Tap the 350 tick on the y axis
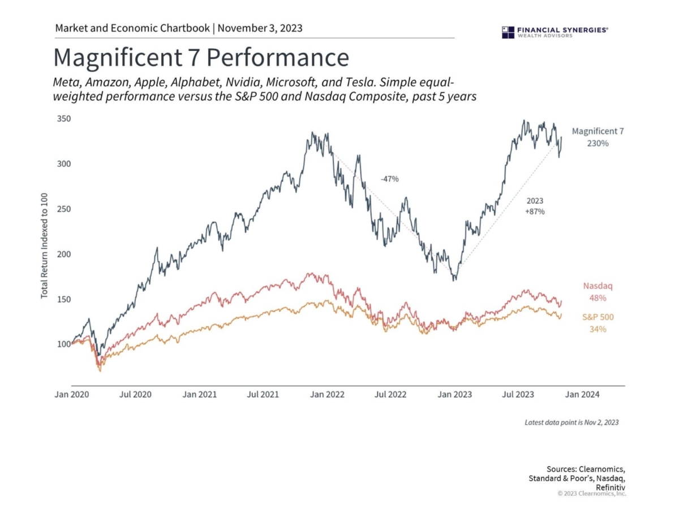63,119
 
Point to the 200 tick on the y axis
63,254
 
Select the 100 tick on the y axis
63,344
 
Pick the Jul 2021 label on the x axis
263,394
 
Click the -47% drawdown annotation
389,179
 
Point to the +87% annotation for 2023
534,212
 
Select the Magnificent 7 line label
598,131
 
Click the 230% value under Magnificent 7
598,144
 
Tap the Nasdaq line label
598,286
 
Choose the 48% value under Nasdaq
598,298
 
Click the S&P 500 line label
598,317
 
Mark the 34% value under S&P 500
598,329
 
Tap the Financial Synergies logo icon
508,32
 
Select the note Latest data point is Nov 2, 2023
571,422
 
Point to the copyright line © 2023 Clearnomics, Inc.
592,493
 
